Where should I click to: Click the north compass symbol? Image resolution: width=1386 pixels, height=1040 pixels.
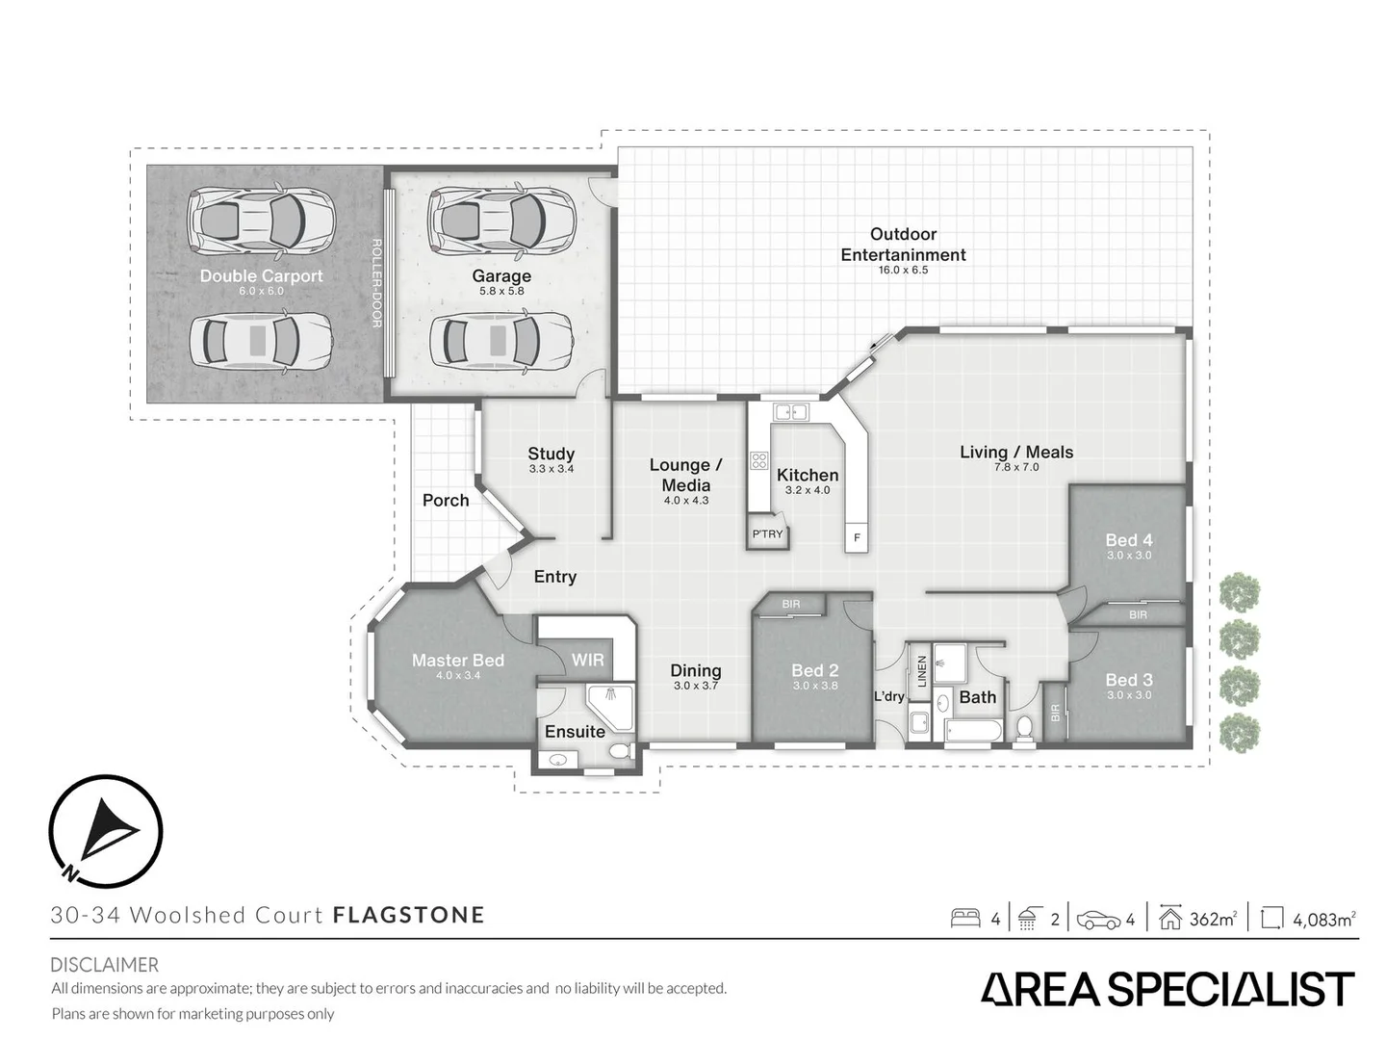pos(105,831)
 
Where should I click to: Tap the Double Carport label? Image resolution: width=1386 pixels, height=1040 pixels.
pos(261,275)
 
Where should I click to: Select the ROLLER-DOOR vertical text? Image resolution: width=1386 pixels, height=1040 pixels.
pos(376,283)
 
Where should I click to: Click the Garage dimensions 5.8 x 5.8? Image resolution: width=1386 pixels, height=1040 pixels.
pos(501,291)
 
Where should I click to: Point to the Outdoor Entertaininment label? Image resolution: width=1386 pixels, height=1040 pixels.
pos(903,245)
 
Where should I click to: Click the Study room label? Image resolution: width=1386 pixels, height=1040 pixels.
pos(551,454)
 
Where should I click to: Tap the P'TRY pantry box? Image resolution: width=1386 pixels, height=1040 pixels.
pos(768,534)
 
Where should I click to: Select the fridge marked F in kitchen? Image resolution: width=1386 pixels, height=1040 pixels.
pos(857,537)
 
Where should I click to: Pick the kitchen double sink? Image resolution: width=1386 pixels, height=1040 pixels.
pos(790,412)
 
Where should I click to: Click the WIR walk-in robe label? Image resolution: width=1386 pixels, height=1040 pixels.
pos(587,660)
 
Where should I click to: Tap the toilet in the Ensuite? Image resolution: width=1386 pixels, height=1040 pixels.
pos(621,749)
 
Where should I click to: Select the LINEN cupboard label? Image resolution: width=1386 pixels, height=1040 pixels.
pos(921,670)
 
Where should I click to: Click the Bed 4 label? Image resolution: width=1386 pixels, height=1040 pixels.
pos(1128,540)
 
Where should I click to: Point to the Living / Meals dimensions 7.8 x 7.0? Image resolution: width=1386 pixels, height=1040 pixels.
pos(1016,467)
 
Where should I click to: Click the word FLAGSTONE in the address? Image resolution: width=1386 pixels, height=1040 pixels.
pos(408,915)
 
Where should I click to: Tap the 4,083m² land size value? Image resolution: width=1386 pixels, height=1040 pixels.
pos(1323,920)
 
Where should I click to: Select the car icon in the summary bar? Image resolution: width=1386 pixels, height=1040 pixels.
pos(1098,920)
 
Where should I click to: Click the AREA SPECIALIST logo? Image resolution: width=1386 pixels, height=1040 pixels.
pos(1167,990)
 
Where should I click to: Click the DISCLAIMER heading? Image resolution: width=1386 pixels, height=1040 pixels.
pos(104,964)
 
